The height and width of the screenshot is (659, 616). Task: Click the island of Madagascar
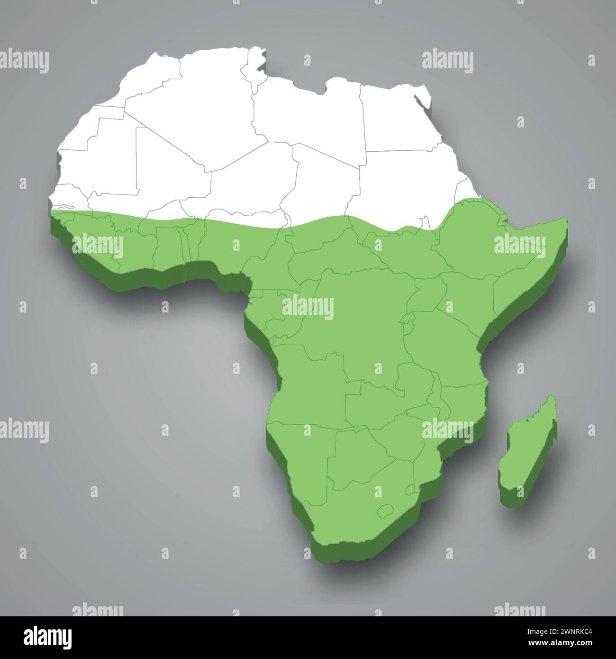528,450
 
